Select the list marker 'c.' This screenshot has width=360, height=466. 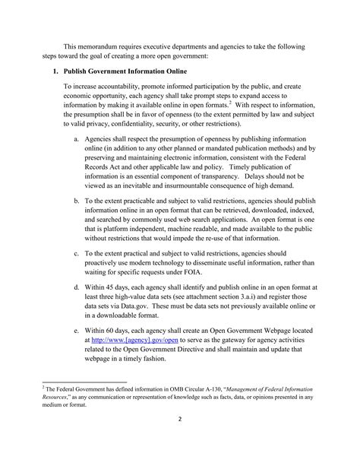[x=77, y=252]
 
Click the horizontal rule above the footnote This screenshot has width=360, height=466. [x=84, y=403]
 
